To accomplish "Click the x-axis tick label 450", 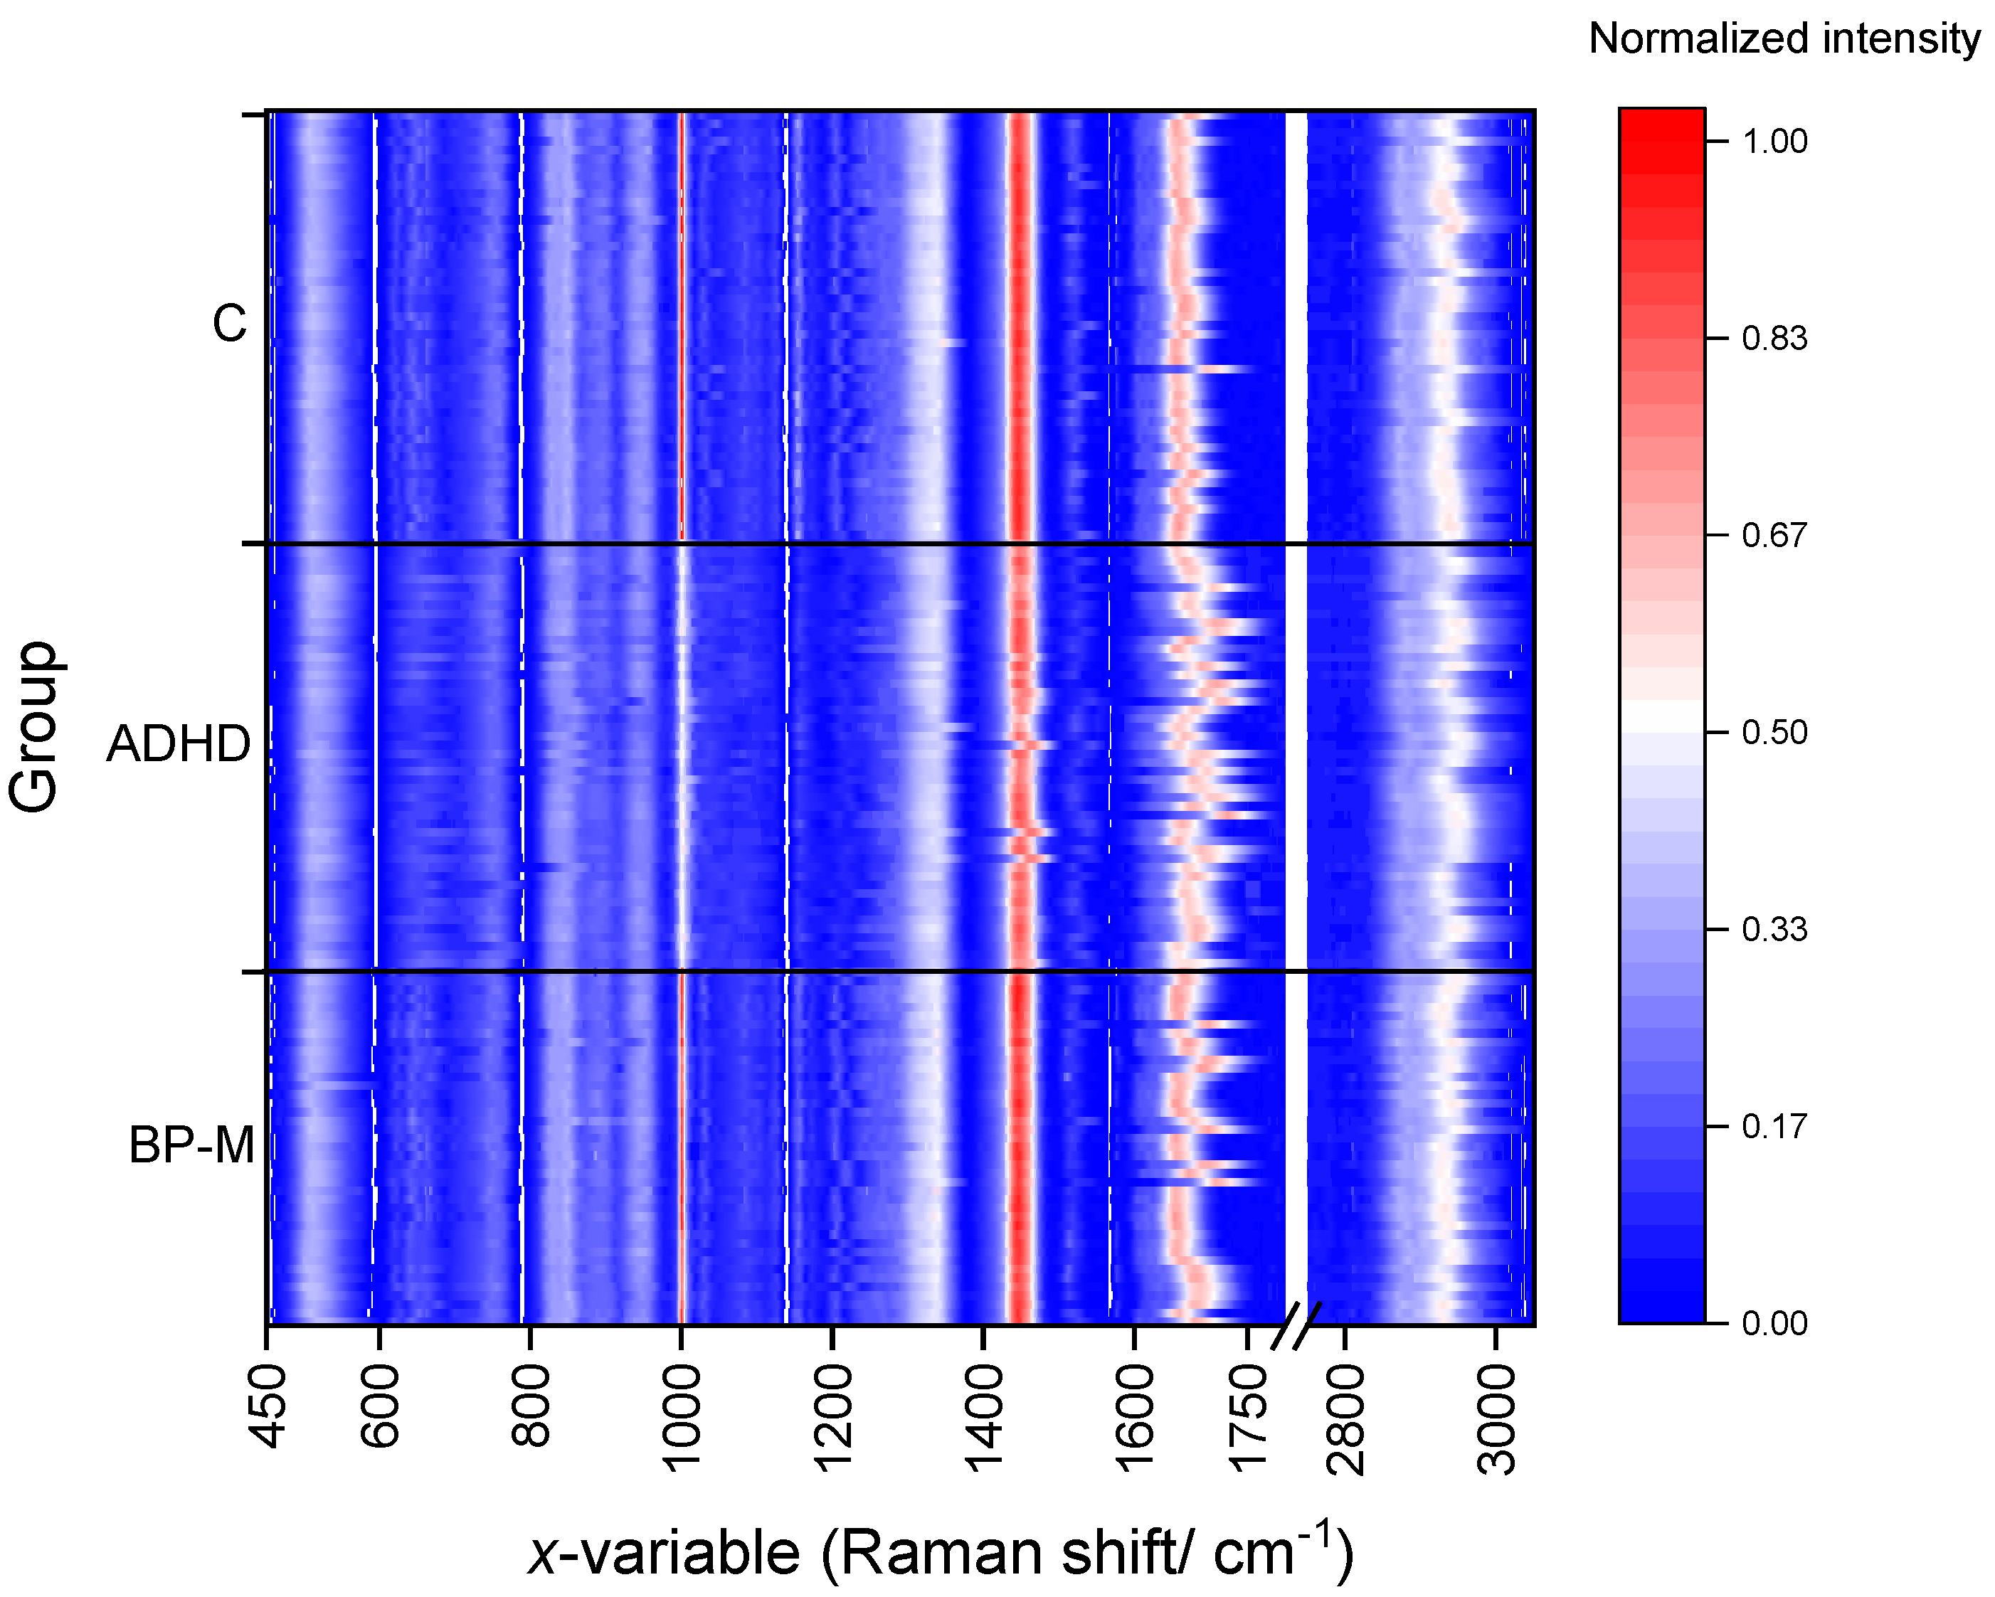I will [268, 1407].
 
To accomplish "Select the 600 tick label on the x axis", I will [379, 1407].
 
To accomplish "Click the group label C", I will [230, 324].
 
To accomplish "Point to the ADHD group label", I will [179, 744].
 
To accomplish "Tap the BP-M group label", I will [191, 1145].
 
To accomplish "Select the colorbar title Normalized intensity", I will [1783, 39].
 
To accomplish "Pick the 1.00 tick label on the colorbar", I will [1774, 142].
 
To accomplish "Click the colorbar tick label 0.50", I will [1774, 733].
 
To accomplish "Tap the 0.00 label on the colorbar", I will [1774, 1323].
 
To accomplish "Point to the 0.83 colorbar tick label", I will [1774, 339].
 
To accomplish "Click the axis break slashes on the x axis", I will [1296, 1327].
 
